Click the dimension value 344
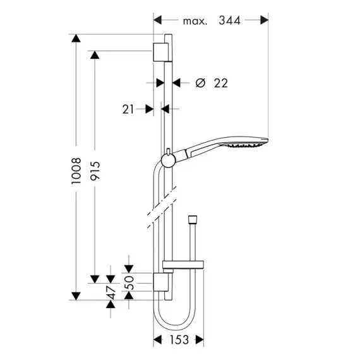[229, 20]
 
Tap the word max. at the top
[195, 21]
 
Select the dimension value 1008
[76, 171]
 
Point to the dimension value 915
[95, 171]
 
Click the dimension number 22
[221, 83]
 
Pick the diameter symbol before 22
[200, 83]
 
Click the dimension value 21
[128, 109]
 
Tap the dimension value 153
[179, 340]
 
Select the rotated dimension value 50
[129, 282]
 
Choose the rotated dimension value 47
[111, 292]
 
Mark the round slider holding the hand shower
[168, 160]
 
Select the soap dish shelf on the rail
[183, 265]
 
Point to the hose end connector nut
[193, 219]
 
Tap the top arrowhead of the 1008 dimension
[76, 38]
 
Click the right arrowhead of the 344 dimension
[264, 20]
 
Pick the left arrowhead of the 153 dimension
[157, 340]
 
